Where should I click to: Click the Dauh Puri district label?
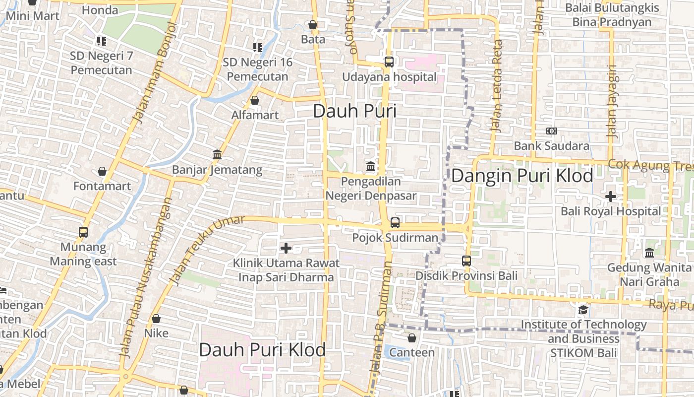coord(354,111)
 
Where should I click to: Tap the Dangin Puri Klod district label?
coord(522,176)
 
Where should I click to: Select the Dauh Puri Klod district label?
coord(262,350)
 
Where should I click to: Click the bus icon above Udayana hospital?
coord(389,62)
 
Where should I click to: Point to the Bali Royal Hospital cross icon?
coord(611,197)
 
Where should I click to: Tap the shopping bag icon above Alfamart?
coord(255,100)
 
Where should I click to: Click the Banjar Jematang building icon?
coord(217,155)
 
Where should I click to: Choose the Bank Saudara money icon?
coord(551,131)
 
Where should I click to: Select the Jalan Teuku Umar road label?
coord(207,251)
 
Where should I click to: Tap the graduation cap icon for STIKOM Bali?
coord(583,310)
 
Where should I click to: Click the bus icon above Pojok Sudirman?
coord(395,223)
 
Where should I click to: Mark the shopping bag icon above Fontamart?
coord(102,171)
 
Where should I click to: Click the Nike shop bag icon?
coord(156,319)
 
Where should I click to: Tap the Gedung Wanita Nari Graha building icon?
coord(649,253)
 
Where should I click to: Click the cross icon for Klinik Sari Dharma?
coord(286,248)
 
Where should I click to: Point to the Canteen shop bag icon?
coord(412,338)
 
